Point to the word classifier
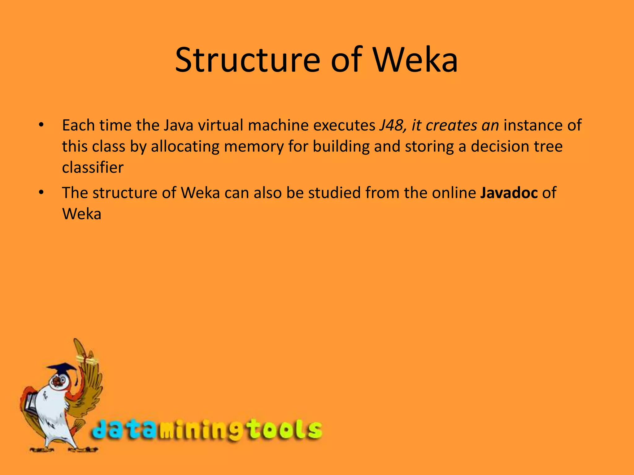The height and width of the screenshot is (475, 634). pyautogui.click(x=93, y=168)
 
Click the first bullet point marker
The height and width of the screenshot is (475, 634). pyautogui.click(x=41, y=125)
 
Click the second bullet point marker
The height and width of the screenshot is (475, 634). pyautogui.click(x=41, y=193)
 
